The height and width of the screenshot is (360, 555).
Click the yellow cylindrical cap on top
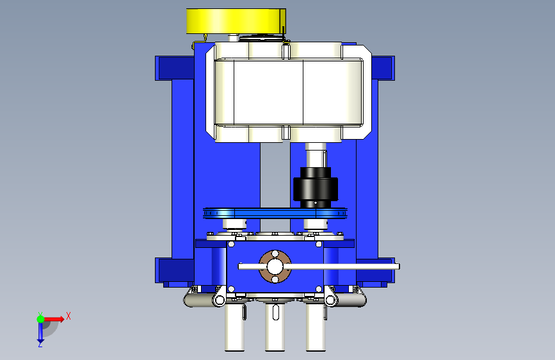point(236,21)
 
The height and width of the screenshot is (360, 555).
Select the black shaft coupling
point(316,188)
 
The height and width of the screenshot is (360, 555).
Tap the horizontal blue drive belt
point(275,213)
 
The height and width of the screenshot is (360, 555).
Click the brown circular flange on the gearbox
point(275,267)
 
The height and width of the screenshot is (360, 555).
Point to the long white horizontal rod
point(319,266)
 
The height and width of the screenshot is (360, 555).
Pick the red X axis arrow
point(55,319)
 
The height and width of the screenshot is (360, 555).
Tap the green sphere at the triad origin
point(40,319)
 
